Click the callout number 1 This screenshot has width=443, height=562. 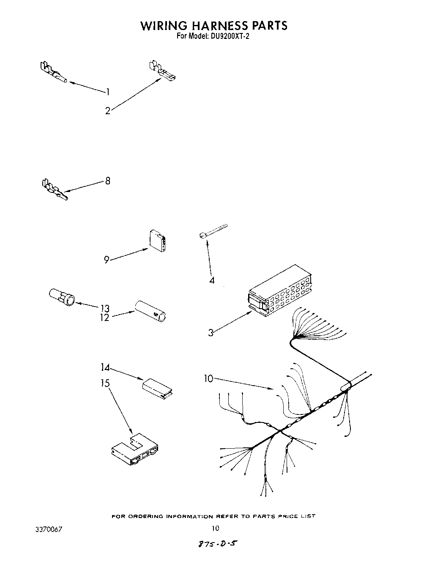tap(108, 92)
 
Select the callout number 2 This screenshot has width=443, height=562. tap(108, 111)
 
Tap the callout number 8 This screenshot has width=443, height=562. tap(108, 181)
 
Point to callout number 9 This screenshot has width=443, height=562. tap(107, 260)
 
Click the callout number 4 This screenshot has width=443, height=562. tap(212, 280)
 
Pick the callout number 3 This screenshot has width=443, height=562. tap(211, 333)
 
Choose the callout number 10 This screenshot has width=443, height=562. tap(209, 378)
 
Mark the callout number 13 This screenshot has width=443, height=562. tap(105, 308)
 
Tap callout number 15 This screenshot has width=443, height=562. tap(105, 383)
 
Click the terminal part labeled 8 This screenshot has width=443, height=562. tap(54, 190)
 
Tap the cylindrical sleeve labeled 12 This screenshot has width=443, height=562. tap(150, 312)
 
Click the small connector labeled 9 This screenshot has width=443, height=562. tap(158, 240)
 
